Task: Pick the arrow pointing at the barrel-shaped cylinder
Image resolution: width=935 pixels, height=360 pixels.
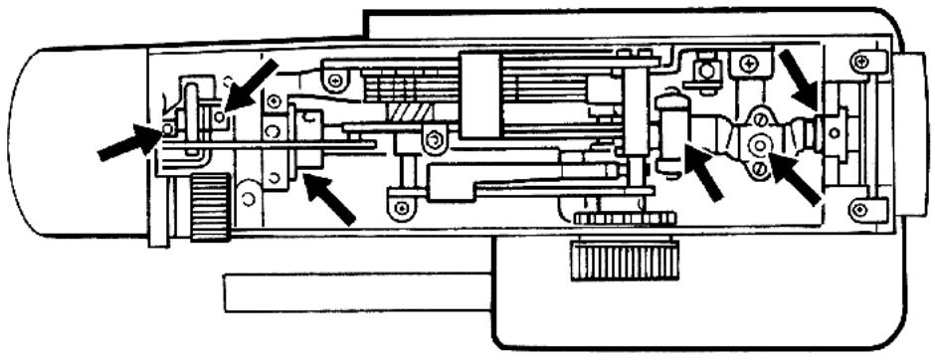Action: [x=708, y=172]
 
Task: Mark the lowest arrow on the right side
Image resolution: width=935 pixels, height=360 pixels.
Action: [x=797, y=178]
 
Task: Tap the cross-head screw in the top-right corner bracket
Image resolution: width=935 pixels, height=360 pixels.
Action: [x=861, y=63]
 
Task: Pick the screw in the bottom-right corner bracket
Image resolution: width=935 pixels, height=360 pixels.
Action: [x=861, y=209]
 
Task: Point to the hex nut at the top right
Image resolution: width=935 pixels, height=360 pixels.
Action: [x=706, y=71]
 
